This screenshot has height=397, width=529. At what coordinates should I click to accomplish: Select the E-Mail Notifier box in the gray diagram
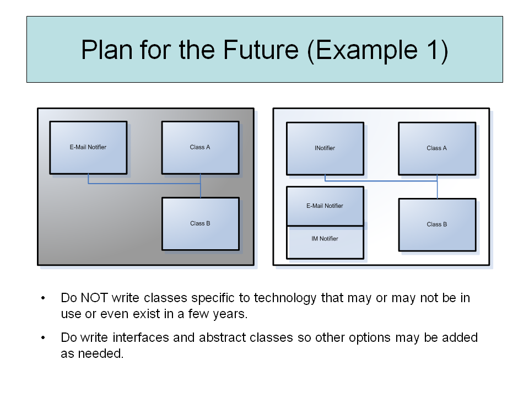point(88,147)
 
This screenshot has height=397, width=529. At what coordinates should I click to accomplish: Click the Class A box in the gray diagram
point(200,147)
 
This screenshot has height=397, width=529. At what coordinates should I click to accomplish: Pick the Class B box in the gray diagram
point(200,223)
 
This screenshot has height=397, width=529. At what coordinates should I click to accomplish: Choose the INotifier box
point(325,148)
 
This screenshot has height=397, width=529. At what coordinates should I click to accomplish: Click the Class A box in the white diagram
point(437,148)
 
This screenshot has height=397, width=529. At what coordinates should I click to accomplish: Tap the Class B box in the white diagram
point(437,224)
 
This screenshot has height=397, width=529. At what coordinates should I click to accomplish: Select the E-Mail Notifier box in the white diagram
point(325,206)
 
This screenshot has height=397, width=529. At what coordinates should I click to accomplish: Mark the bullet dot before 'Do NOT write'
point(44,299)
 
